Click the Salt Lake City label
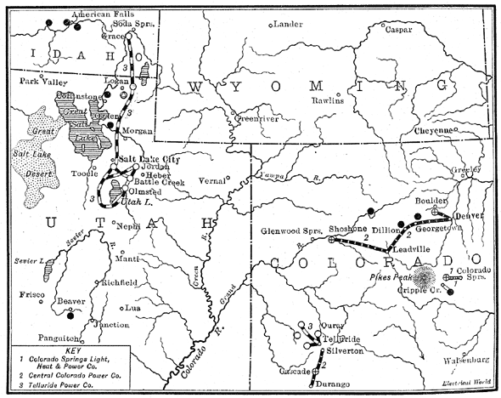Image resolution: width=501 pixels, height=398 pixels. click(x=150, y=159)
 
